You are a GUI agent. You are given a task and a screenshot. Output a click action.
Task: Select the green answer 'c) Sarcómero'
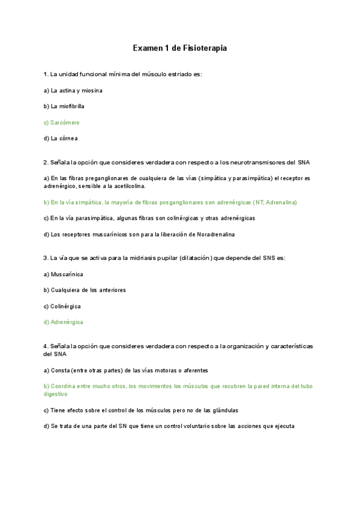click(x=62, y=122)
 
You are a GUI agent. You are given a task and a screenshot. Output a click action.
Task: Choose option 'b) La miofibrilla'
click(x=64, y=106)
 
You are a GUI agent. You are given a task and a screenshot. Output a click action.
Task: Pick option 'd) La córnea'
click(x=61, y=138)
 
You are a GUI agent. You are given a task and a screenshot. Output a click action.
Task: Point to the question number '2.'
click(x=46, y=162)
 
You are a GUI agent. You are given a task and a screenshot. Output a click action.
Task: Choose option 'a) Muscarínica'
click(x=64, y=274)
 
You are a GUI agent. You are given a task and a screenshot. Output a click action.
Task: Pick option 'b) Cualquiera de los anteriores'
click(x=83, y=290)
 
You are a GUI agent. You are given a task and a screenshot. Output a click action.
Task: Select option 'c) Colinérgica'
click(x=62, y=306)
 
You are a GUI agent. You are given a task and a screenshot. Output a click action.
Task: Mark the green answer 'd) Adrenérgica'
click(x=64, y=322)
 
